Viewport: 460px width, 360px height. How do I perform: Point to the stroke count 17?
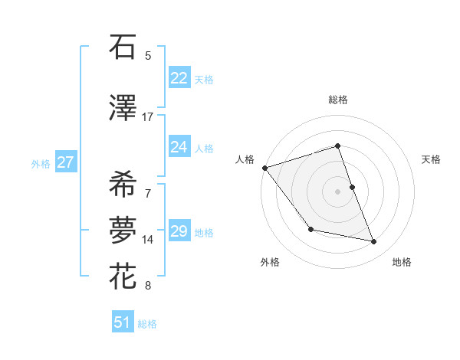[147, 117]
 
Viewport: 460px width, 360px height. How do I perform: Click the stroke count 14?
[148, 240]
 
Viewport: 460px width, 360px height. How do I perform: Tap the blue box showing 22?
[179, 78]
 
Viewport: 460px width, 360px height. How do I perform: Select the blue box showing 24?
[179, 147]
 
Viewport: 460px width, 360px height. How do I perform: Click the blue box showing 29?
[179, 231]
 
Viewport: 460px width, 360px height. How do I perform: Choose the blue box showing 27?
[65, 162]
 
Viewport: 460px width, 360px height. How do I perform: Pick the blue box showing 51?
[122, 322]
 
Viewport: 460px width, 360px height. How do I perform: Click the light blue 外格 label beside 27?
[41, 163]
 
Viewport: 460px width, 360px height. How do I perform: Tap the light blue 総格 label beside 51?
[147, 323]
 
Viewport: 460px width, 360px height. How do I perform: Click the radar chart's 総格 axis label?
[338, 100]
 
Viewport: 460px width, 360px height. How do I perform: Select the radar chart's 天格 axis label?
[432, 159]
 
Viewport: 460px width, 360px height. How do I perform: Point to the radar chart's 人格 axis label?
[245, 159]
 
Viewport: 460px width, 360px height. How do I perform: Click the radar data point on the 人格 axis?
[264, 168]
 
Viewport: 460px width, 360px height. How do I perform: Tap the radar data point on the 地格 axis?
[374, 242]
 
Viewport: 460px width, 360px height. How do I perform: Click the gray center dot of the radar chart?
[338, 191]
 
